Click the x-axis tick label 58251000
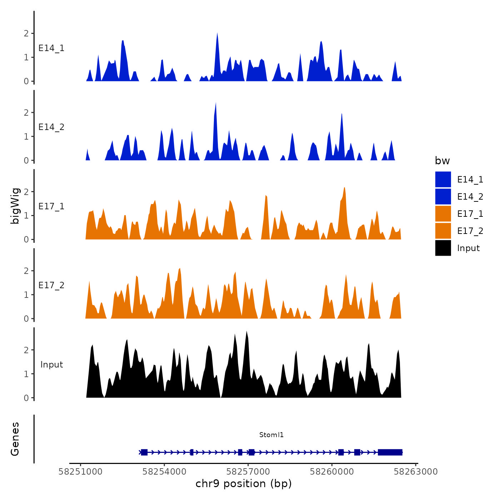click(80, 471)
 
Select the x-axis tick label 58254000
click(164, 471)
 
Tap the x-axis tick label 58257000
click(248, 471)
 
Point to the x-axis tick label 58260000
click(332, 471)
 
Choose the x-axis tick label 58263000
click(416, 471)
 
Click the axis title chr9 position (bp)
click(244, 484)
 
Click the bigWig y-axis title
click(15, 206)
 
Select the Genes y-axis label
click(15, 439)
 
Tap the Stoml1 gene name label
click(271, 435)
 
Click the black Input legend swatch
click(443, 248)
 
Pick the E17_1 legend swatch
click(443, 214)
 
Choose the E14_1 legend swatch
click(443, 179)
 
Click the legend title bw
click(442, 161)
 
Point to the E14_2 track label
click(51, 127)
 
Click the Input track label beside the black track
click(51, 365)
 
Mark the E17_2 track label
click(51, 285)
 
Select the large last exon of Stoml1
click(390, 452)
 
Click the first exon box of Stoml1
click(144, 452)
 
